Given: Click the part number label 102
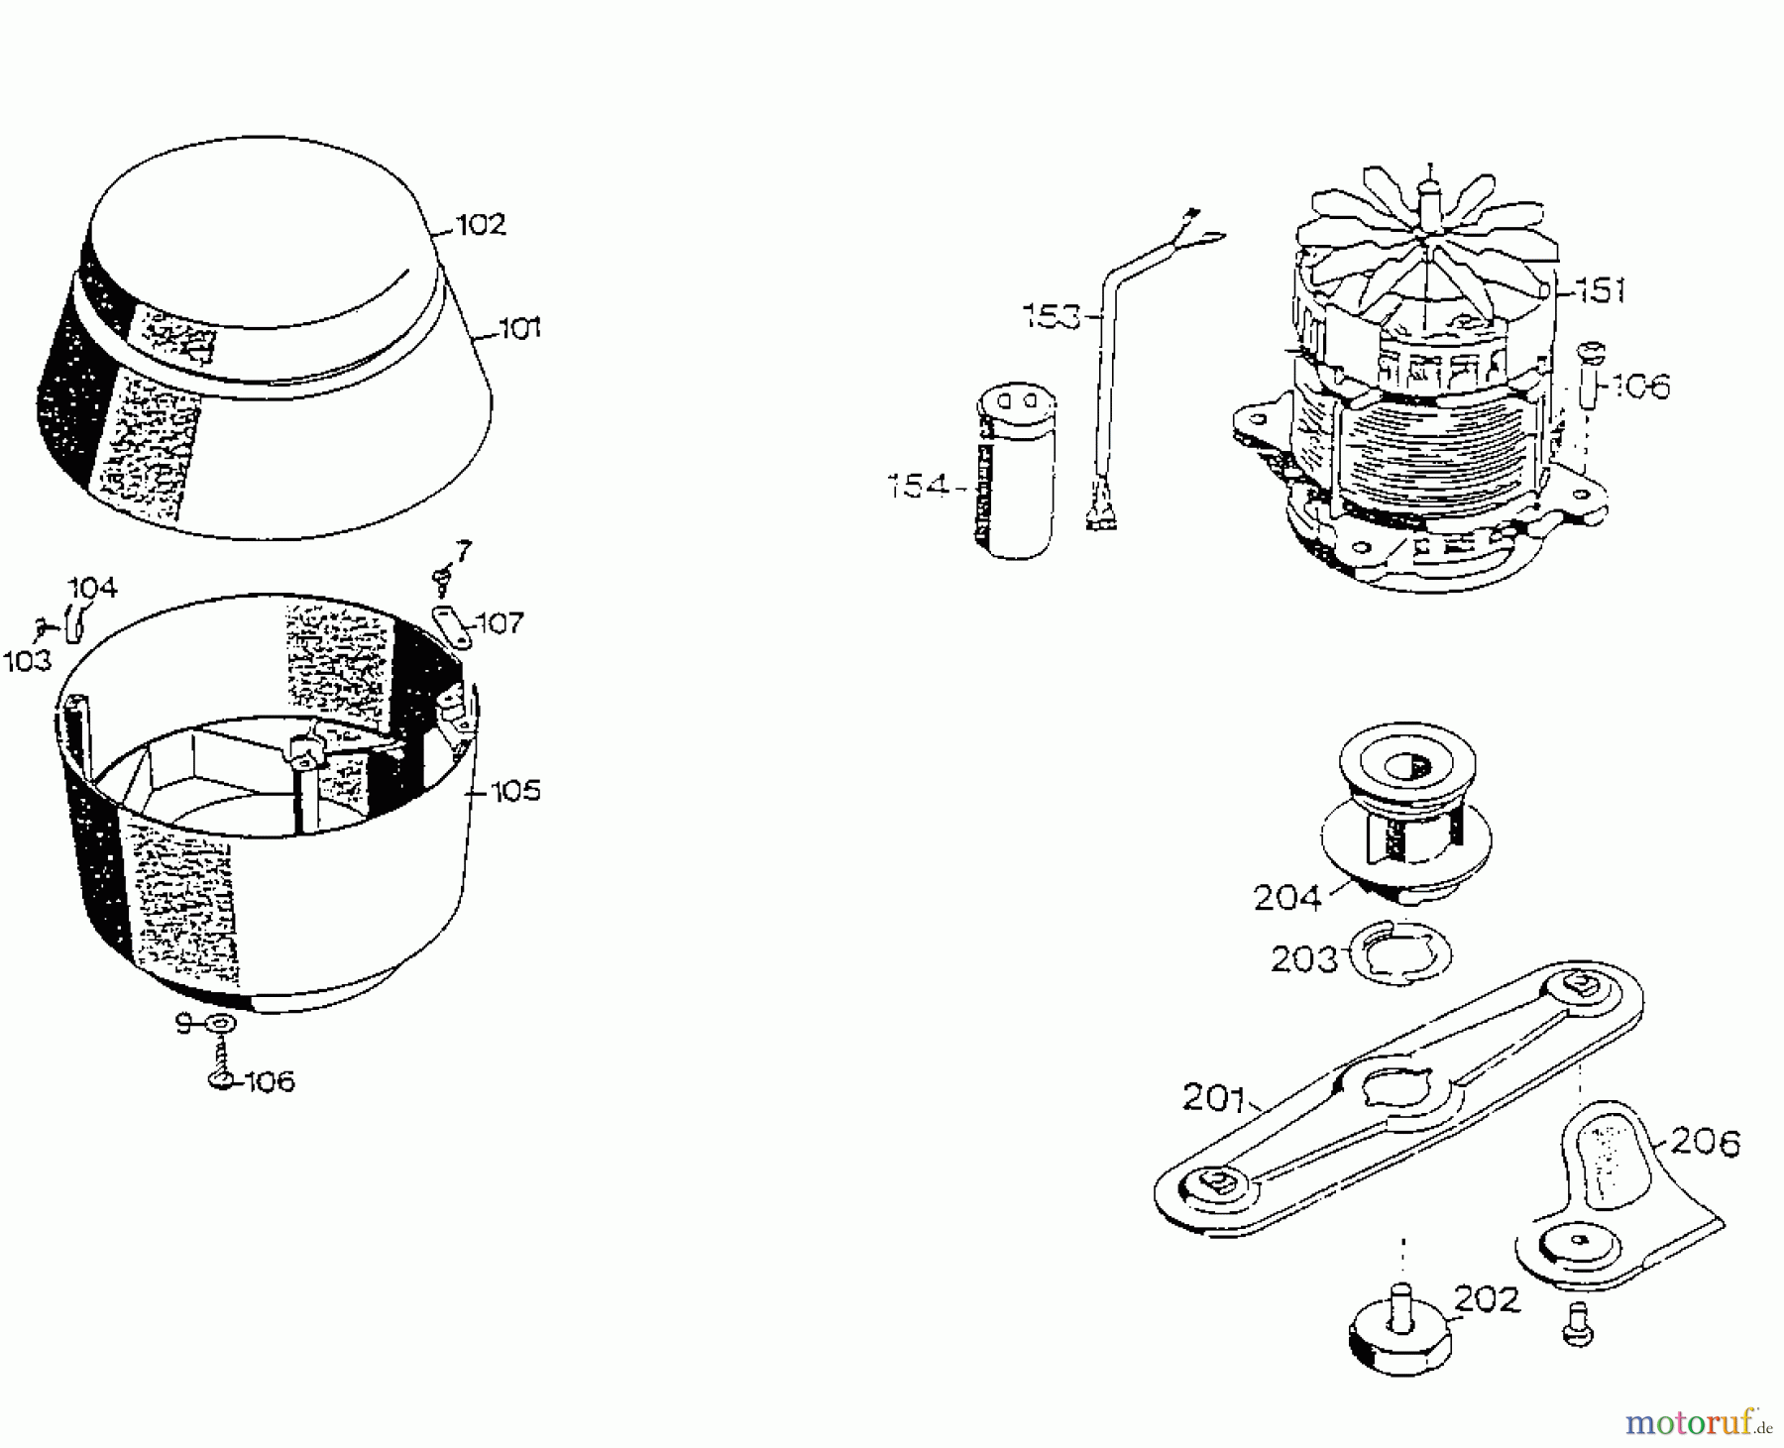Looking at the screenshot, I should [481, 225].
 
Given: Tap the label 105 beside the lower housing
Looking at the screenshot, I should [516, 791].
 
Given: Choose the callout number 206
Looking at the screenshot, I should [1705, 1143].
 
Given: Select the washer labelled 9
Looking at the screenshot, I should [220, 1024].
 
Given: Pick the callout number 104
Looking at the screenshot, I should [92, 589].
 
